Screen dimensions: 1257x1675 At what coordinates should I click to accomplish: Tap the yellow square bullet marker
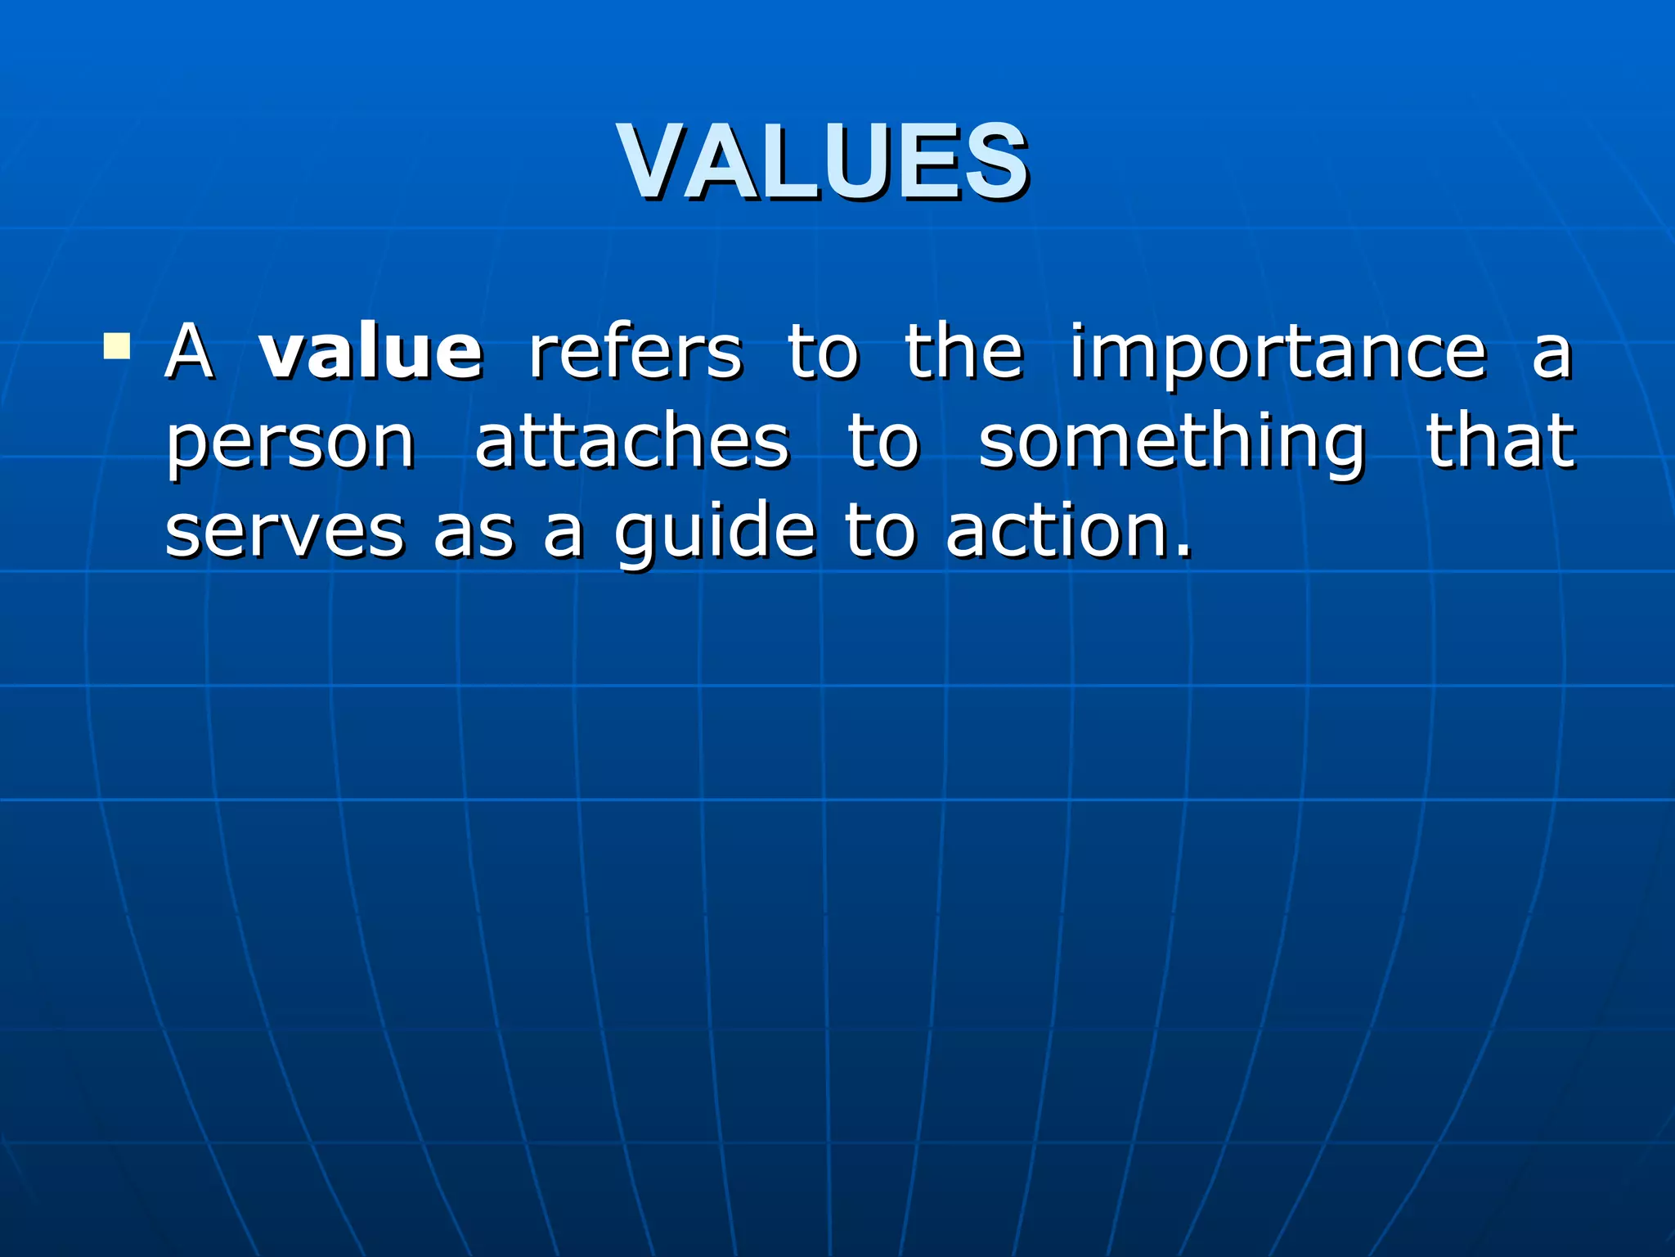point(117,347)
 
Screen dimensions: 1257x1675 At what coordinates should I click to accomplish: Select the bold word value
point(370,353)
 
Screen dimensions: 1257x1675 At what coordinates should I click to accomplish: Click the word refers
point(635,353)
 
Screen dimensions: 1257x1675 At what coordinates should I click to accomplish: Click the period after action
point(1183,553)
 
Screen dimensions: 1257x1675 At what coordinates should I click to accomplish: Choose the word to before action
point(880,532)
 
